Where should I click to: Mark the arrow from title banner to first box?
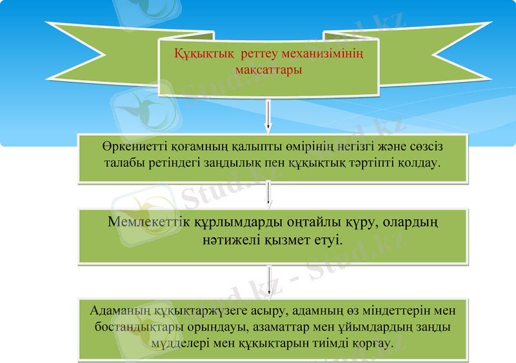click(x=269, y=119)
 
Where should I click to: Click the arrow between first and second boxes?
click(x=269, y=195)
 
